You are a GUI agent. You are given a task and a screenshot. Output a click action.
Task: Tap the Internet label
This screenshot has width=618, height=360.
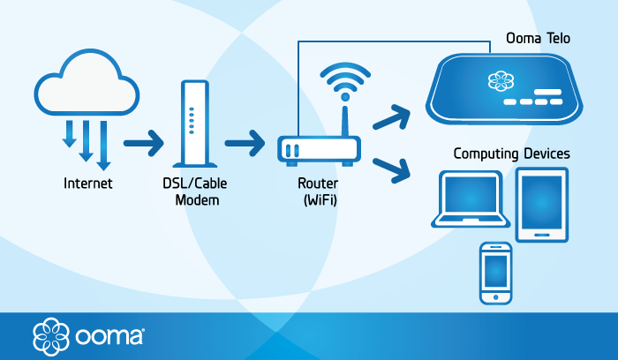click(87, 184)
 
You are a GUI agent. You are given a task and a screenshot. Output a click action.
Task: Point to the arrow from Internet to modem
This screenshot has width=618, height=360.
click(144, 141)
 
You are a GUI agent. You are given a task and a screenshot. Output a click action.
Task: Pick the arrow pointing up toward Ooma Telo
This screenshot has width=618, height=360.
click(392, 116)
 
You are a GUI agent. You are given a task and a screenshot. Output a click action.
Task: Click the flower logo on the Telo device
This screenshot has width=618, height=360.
click(500, 82)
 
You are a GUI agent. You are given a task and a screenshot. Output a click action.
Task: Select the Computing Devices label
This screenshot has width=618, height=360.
click(511, 154)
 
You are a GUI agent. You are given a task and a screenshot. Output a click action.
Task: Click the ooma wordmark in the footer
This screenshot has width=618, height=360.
click(107, 336)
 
